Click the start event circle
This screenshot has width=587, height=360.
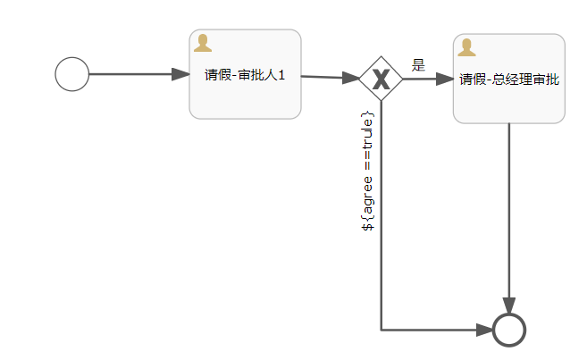tap(72, 74)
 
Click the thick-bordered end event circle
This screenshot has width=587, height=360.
tap(509, 331)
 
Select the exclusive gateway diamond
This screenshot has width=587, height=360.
tap(382, 79)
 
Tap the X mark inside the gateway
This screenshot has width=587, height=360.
tap(382, 80)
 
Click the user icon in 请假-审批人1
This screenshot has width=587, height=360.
tap(203, 43)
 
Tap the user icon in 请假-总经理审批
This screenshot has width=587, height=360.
tap(466, 47)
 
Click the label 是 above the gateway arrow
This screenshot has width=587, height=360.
tap(418, 65)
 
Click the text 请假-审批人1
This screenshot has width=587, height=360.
tap(245, 75)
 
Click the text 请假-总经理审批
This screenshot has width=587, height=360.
tap(509, 80)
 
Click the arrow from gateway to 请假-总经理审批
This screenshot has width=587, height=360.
tap(424, 79)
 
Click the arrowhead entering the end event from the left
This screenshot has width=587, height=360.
tap(484, 331)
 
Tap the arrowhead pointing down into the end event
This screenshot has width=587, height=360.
tap(509, 306)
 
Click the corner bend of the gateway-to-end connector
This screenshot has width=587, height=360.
tap(382, 331)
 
